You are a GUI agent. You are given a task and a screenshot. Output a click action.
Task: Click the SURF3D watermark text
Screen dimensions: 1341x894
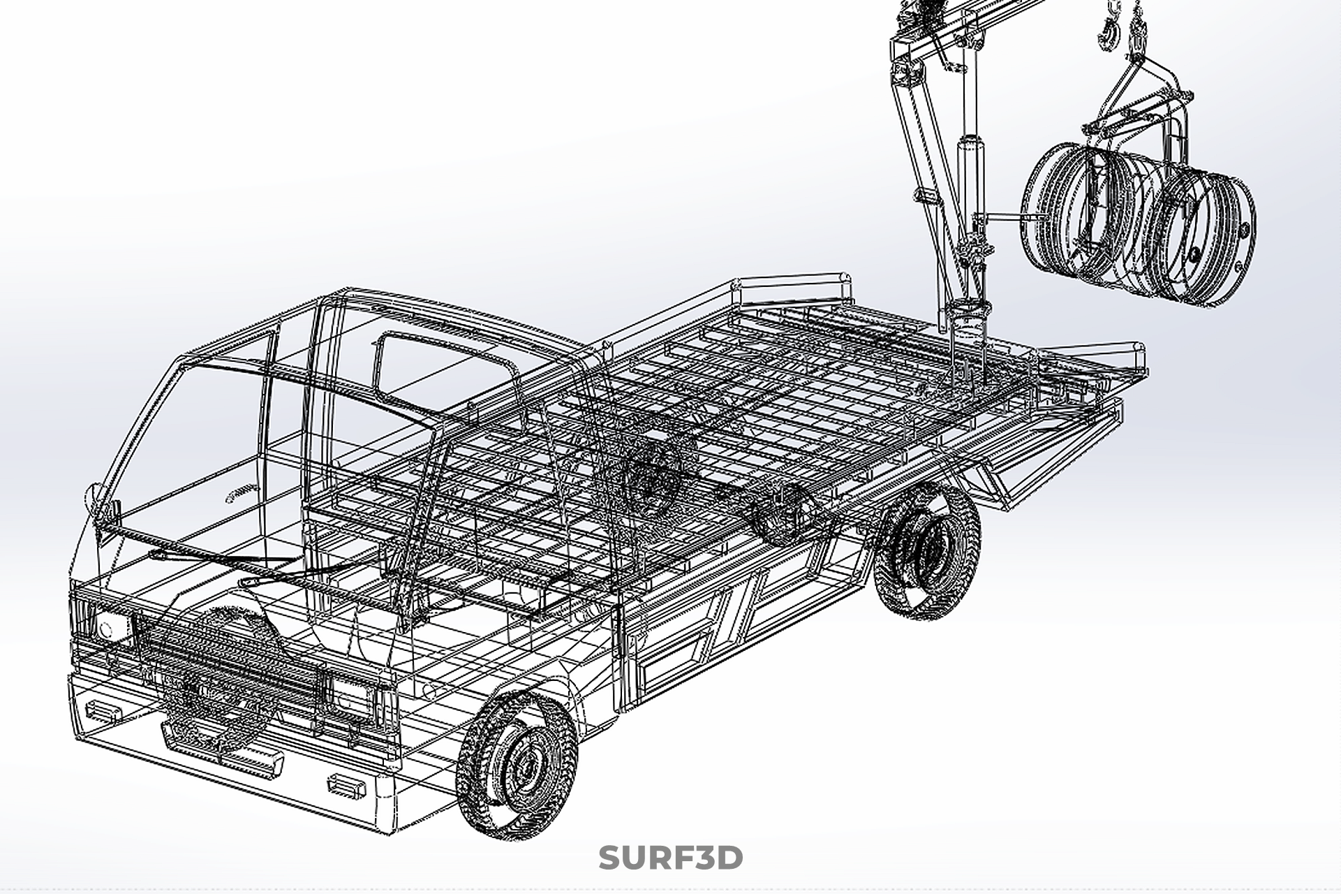tap(670, 858)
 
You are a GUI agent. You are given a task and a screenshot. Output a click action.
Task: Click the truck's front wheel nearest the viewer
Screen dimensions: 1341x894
tap(517, 764)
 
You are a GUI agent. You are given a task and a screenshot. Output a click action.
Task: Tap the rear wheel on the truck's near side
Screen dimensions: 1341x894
tap(926, 550)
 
